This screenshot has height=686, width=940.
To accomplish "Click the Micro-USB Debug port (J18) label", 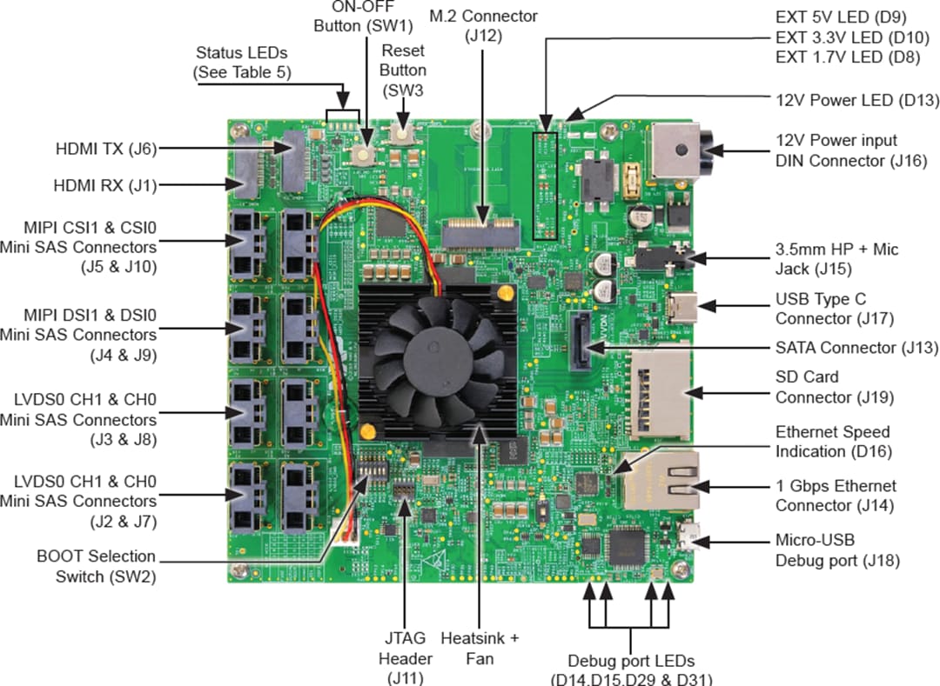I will point(837,550).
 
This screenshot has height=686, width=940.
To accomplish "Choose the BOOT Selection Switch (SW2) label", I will point(96,565).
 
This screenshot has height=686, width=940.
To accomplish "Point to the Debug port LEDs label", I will point(630,669).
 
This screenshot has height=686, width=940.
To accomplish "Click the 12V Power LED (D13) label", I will point(856,99).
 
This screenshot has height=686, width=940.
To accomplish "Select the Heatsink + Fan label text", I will point(480,649).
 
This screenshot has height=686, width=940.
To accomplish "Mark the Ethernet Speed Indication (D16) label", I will point(832,442).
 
